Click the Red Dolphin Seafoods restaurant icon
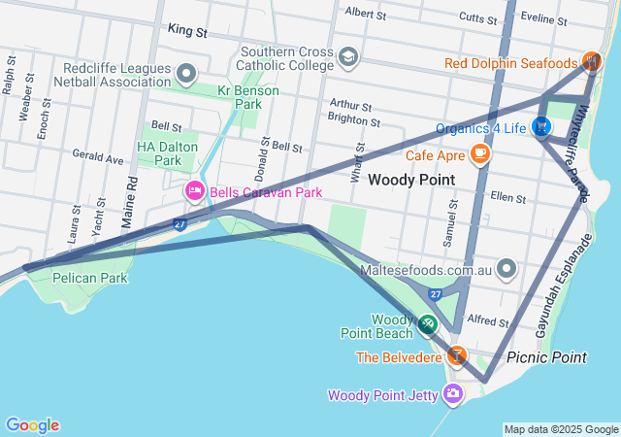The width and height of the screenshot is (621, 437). click(x=592, y=62)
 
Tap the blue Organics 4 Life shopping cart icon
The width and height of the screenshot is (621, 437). click(x=541, y=127)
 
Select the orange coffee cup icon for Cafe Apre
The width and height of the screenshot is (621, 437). click(x=479, y=153)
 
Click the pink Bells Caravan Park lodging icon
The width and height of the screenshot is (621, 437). click(x=193, y=191)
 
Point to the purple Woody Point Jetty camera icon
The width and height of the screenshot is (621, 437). click(x=452, y=393)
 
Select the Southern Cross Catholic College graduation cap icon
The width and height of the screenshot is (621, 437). click(x=346, y=60)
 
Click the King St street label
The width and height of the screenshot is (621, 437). click(x=187, y=31)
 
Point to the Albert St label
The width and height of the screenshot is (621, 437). click(x=365, y=14)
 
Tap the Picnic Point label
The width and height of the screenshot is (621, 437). click(x=546, y=357)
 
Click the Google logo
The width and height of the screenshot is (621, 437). click(x=32, y=424)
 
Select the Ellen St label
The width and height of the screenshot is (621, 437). click(x=507, y=197)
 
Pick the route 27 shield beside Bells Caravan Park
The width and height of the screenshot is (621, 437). click(x=180, y=224)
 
